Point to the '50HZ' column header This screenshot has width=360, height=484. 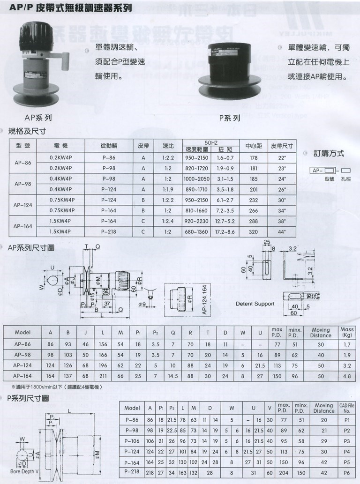point(211,142)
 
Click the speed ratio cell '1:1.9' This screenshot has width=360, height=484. point(168,189)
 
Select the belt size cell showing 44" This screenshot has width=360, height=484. point(281,231)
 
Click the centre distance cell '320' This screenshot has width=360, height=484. point(254,231)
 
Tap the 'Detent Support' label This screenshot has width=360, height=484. point(255,304)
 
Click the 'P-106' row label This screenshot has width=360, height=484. point(133,441)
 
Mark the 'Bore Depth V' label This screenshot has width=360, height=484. point(23,472)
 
